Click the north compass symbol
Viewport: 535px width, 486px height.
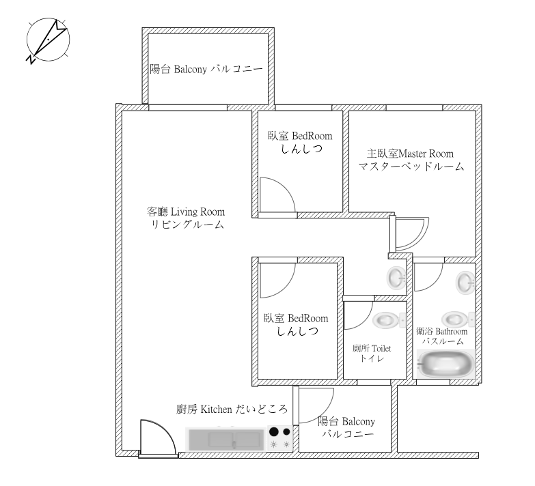pyautogui.click(x=48, y=40)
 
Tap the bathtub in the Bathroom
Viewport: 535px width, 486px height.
pyautogui.click(x=446, y=363)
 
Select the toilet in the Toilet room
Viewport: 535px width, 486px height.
pyautogui.click(x=389, y=320)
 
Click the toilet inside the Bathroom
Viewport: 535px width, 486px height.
pyautogui.click(x=458, y=319)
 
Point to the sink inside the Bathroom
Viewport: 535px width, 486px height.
pyautogui.click(x=465, y=282)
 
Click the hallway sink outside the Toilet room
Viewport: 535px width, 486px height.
pyautogui.click(x=396, y=278)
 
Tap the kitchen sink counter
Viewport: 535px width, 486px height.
pyautogui.click(x=226, y=440)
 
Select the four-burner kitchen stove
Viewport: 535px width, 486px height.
pyautogui.click(x=279, y=439)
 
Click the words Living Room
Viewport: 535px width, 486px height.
pyautogui.click(x=197, y=212)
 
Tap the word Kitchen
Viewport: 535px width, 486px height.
pyautogui.click(x=216, y=410)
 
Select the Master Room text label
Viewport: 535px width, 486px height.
pyautogui.click(x=411, y=160)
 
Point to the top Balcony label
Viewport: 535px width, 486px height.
pyautogui.click(x=206, y=69)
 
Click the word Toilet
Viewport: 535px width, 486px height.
pyautogui.click(x=381, y=349)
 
